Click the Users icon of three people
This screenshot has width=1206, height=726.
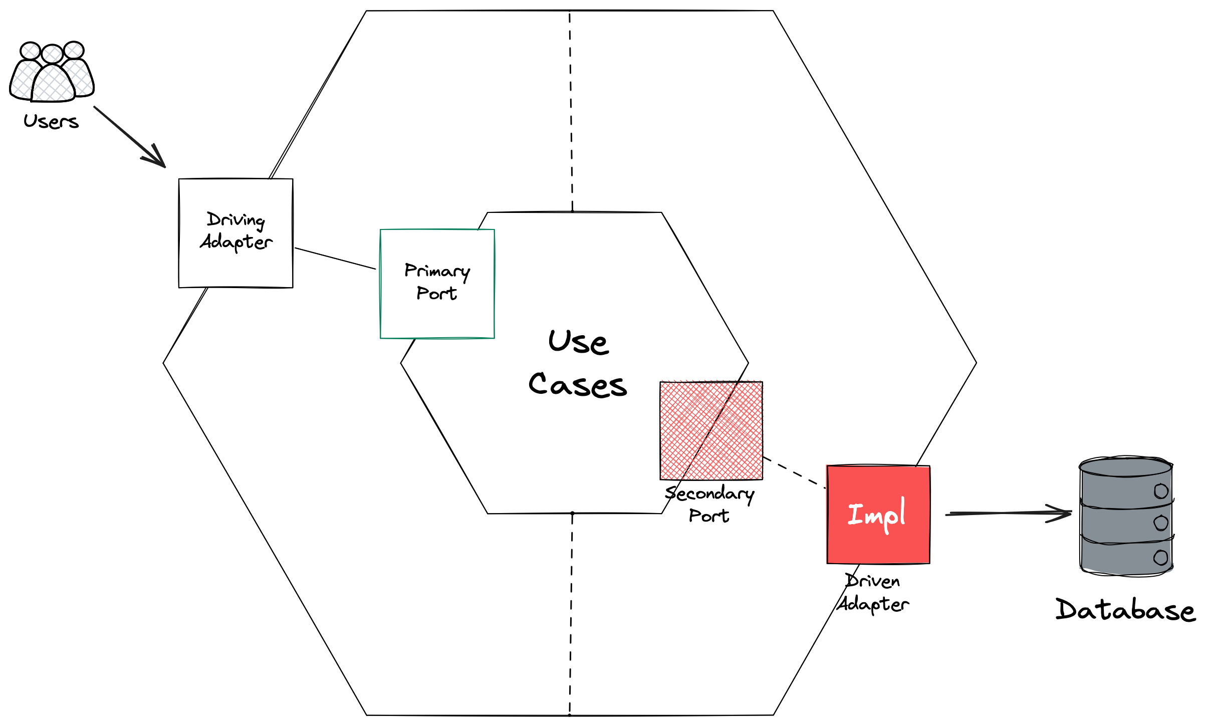point(52,73)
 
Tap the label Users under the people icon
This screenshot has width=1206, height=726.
point(51,121)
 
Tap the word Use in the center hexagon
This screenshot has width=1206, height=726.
point(579,342)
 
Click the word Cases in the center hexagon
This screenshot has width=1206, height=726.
point(577,385)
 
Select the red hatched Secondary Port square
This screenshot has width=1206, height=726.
point(711,430)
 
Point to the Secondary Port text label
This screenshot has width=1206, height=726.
point(709,504)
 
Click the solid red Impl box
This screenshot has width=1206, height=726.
point(878,541)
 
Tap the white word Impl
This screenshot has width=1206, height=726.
point(876,515)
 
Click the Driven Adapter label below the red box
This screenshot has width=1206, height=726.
point(873,593)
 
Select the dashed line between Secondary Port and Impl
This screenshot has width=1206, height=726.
point(794,472)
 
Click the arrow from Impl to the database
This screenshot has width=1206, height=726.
point(1007,513)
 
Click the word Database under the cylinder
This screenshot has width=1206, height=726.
point(1125,610)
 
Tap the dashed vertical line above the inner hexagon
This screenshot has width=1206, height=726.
point(571,110)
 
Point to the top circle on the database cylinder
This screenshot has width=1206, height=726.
point(1161,491)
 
